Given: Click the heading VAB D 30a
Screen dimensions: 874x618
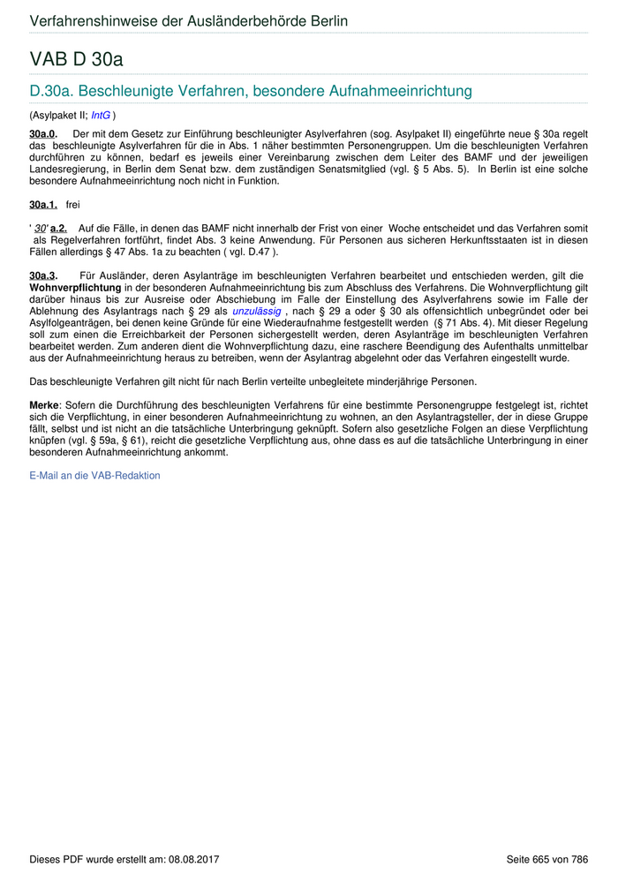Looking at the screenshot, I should click(76, 59).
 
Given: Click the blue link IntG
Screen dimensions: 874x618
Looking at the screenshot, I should click(101, 115).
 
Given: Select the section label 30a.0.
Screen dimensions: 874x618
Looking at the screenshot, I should click(43, 132).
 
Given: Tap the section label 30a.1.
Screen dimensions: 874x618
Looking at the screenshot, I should click(43, 205).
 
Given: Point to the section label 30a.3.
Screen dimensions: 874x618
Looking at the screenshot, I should click(43, 276).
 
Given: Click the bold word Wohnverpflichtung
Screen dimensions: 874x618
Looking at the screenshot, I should click(75, 289).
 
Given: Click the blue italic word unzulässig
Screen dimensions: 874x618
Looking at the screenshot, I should click(257, 312).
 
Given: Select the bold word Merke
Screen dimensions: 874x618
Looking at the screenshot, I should click(44, 405).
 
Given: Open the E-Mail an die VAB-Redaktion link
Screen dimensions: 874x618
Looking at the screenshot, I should click(95, 475).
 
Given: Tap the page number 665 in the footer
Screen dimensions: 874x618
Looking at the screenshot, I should click(542, 859).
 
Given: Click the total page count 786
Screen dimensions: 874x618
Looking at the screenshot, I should click(579, 859).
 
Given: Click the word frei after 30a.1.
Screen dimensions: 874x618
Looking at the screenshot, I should click(72, 205).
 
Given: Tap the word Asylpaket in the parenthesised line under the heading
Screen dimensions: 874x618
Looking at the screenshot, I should click(55, 115).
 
